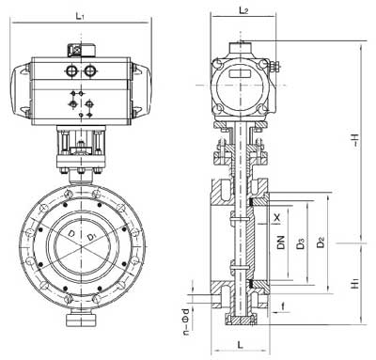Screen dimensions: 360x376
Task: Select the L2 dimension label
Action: [243, 10]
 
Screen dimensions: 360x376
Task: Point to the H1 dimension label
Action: [354, 282]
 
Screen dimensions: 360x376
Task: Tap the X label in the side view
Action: [275, 215]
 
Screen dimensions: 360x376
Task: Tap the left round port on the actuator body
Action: [70, 70]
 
